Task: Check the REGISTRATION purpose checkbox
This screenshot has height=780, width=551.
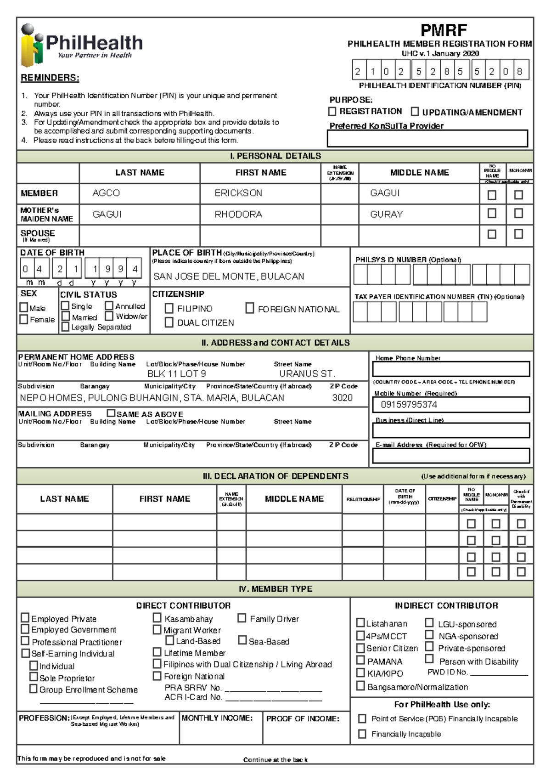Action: click(x=332, y=112)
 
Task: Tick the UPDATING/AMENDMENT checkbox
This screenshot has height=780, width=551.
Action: click(x=415, y=112)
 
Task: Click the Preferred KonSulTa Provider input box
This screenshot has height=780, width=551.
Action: click(x=427, y=138)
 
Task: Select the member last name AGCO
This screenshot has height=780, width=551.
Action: click(x=106, y=193)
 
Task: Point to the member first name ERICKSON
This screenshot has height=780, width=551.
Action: click(x=238, y=193)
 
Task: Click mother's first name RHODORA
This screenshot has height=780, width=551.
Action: click(x=238, y=215)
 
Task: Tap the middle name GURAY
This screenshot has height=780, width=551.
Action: click(x=387, y=215)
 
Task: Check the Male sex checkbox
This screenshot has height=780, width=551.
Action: click(x=24, y=307)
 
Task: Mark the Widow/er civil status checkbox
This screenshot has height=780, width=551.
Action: click(x=109, y=316)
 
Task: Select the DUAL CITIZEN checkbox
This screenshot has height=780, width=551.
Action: click(x=169, y=322)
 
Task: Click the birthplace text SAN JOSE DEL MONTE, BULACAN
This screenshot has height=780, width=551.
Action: click(x=228, y=277)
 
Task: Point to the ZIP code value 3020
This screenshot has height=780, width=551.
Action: click(x=342, y=398)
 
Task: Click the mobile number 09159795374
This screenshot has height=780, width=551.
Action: click(x=409, y=405)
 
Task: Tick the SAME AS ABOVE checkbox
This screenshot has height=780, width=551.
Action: click(x=111, y=413)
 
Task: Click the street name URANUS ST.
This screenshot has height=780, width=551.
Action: click(x=307, y=374)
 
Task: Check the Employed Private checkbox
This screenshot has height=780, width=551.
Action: click(x=25, y=618)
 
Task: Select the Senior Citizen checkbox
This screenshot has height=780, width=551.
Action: click(x=360, y=648)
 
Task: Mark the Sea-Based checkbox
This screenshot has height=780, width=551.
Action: click(x=242, y=640)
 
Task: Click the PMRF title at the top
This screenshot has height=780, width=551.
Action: click(x=444, y=31)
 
